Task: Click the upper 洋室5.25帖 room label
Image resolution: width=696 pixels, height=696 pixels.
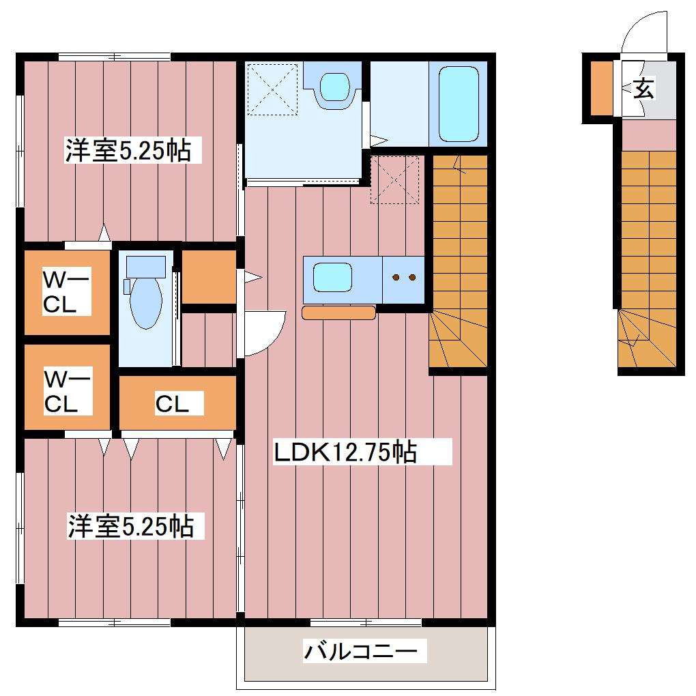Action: click(x=129, y=150)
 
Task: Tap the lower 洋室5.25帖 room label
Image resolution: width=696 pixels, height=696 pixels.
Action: click(x=130, y=526)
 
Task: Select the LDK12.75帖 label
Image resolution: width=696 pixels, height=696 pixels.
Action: click(x=345, y=452)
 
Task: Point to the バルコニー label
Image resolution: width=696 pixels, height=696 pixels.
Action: click(x=360, y=651)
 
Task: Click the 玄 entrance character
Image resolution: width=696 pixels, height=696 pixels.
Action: click(x=643, y=88)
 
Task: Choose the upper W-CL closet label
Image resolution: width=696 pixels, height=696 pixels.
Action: click(x=66, y=291)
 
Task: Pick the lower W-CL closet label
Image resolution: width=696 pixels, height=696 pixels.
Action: click(x=67, y=391)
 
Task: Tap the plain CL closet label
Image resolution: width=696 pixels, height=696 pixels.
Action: click(x=172, y=403)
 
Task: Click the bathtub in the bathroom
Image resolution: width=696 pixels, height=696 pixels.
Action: click(x=459, y=104)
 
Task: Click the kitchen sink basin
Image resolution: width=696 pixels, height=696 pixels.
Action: click(x=332, y=278)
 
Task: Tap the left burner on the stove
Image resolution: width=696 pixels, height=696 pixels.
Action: click(x=396, y=278)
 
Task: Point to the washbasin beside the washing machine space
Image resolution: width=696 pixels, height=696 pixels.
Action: click(x=336, y=87)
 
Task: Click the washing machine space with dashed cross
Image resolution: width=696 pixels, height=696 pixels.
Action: click(x=272, y=89)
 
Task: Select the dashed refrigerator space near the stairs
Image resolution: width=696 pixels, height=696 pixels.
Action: click(x=394, y=179)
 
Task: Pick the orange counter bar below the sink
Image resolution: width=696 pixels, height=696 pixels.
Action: click(x=338, y=313)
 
